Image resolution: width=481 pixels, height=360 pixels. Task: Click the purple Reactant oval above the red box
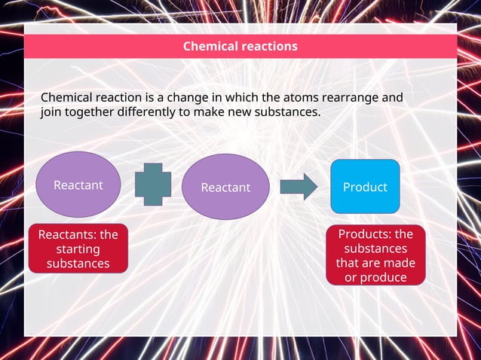click(x=78, y=185)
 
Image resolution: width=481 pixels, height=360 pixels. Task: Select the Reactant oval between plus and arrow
click(x=225, y=187)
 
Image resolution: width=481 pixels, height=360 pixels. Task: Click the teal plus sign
click(x=153, y=185)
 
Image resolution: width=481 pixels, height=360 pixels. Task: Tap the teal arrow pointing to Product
click(x=299, y=187)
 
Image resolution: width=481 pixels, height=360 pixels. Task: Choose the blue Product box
click(x=365, y=186)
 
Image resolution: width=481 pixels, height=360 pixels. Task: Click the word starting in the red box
click(x=78, y=249)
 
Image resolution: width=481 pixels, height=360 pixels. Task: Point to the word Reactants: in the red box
click(x=63, y=235)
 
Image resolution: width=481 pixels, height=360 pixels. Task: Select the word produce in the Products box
click(x=384, y=277)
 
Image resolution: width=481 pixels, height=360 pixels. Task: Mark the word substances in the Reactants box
click(x=78, y=264)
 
